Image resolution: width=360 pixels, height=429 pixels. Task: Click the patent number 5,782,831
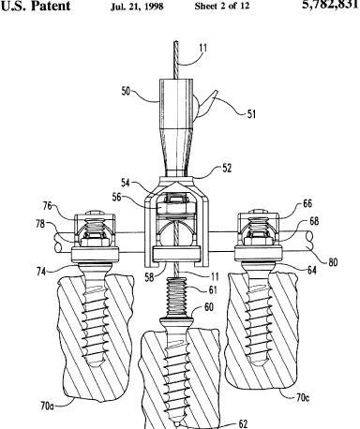331,5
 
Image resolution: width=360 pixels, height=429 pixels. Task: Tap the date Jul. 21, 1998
137,7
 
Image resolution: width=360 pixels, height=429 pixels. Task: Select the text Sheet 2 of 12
222,6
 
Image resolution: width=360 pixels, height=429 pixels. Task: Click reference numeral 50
126,91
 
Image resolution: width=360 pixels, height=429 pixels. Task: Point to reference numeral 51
251,114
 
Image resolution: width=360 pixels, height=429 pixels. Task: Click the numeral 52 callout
227,168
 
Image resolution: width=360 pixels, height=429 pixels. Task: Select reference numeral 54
126,183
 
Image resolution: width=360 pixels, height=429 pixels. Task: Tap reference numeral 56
116,198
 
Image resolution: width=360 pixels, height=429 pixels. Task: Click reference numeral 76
48,206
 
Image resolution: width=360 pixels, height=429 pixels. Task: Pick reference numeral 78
40,224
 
